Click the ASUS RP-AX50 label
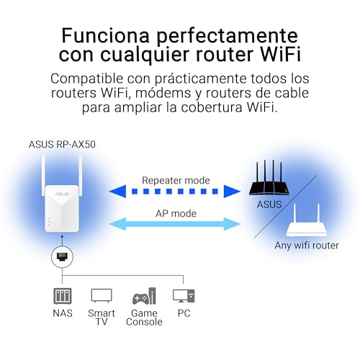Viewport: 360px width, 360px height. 62,145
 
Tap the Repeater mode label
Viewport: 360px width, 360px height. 176,181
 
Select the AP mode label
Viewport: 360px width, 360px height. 176,214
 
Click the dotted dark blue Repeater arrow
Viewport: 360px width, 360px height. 175,192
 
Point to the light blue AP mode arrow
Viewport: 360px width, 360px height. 175,224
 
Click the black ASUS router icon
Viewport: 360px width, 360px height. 269,179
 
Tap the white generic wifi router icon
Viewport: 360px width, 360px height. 307,221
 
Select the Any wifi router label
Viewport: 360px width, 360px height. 307,246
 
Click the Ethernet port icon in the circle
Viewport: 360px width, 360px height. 62,257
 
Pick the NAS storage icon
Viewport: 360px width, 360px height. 63,296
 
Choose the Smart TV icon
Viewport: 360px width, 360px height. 102,295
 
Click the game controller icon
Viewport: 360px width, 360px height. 141,298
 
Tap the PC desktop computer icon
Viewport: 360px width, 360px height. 184,296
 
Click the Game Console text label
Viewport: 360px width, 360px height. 144,318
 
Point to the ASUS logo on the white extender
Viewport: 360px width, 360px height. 62,194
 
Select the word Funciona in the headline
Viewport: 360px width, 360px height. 106,35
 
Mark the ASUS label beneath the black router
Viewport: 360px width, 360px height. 269,204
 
